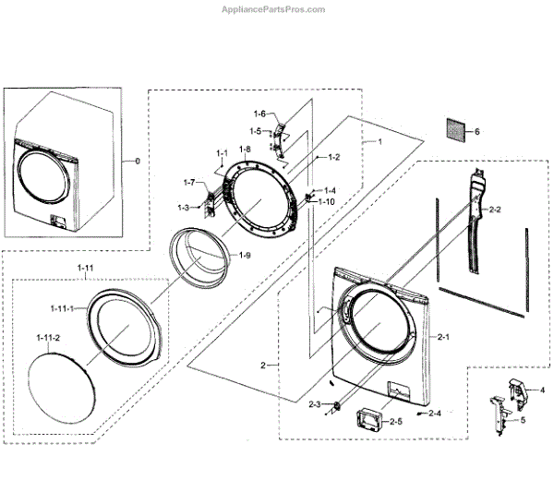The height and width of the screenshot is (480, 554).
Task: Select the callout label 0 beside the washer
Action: [x=138, y=162]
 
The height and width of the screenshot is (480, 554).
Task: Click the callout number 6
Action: [x=477, y=131]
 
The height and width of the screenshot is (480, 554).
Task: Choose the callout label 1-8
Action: [x=245, y=150]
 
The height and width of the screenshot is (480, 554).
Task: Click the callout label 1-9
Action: [x=246, y=255]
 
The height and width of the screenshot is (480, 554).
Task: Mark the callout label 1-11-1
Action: [x=61, y=308]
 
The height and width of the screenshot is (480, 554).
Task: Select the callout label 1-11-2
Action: [x=48, y=339]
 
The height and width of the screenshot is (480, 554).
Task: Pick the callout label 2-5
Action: [x=395, y=422]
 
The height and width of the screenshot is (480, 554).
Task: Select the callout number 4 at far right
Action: [x=542, y=390]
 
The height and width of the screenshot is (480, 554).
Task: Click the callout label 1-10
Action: [x=327, y=201]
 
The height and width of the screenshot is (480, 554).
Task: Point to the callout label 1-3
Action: [x=184, y=207]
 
